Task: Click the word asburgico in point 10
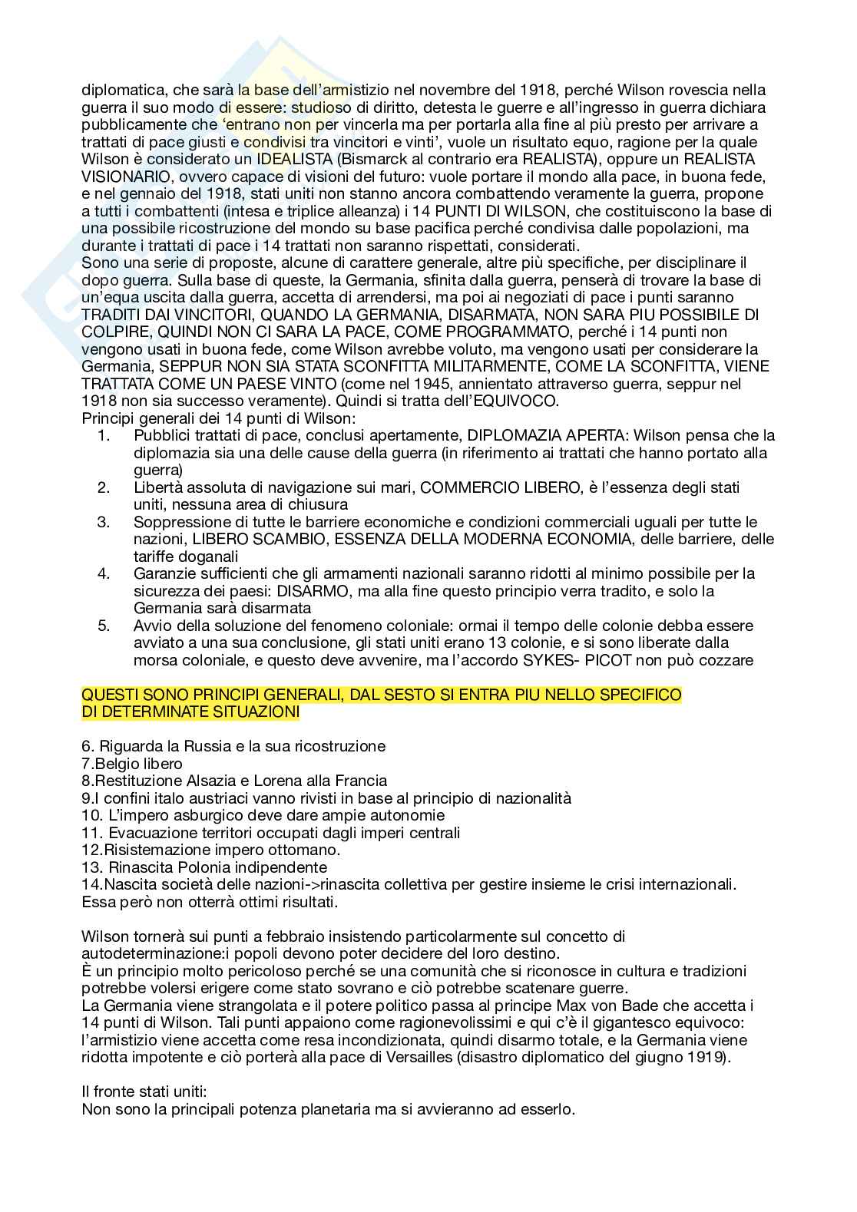click(190, 815)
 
